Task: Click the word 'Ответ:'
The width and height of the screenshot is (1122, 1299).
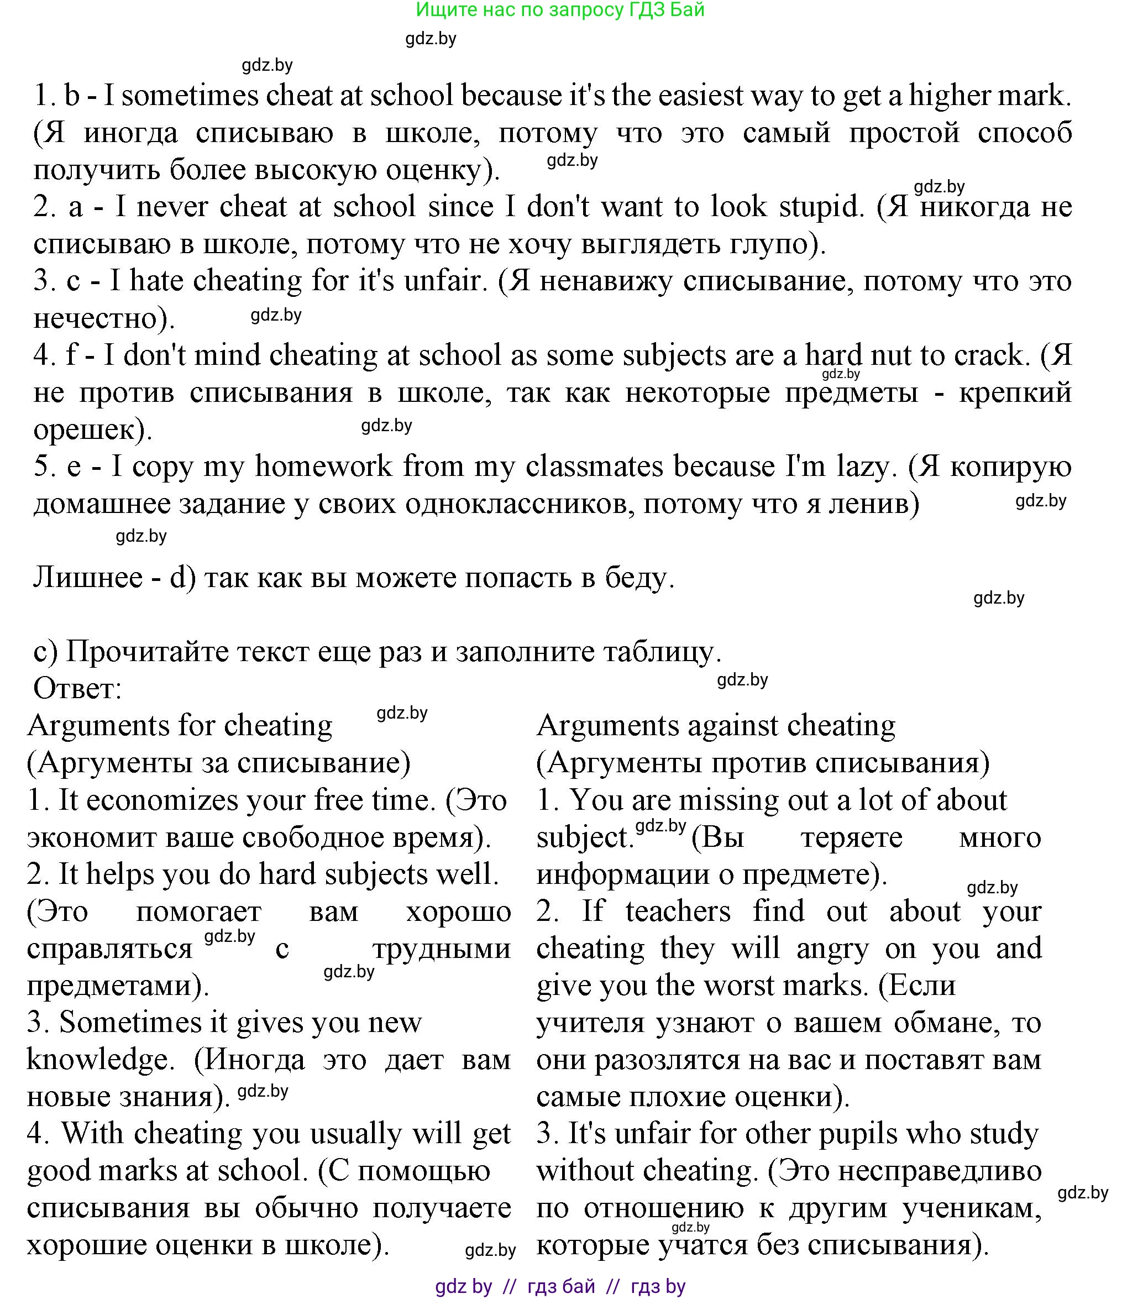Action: click(x=77, y=689)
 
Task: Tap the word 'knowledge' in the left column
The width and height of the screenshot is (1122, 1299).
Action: click(x=99, y=1060)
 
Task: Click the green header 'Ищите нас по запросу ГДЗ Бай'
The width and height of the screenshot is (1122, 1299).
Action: click(x=560, y=10)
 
